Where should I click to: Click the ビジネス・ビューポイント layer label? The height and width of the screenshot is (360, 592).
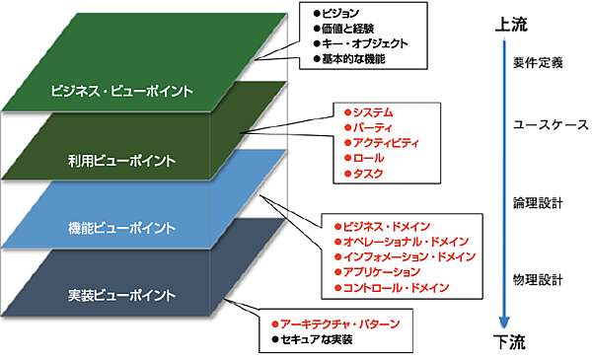pos(122,92)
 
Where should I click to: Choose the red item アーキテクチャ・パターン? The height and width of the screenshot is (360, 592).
pos(339,323)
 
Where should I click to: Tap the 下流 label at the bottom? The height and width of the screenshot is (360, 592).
pos(505,341)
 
